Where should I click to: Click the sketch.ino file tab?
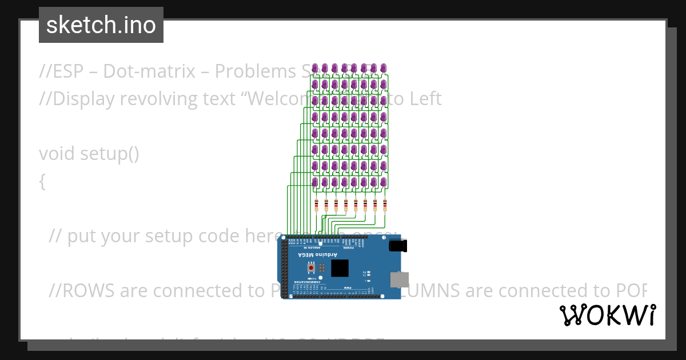[101, 25]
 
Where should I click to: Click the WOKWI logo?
[607, 315]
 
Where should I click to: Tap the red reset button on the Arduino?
[312, 267]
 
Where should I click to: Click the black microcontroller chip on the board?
[340, 268]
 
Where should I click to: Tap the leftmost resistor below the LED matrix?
[316, 206]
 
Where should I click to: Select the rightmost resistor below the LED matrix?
[385, 206]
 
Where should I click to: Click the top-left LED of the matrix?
[315, 68]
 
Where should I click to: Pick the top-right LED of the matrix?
[383, 68]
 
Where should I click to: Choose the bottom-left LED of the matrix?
[315, 182]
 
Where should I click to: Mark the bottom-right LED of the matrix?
[383, 182]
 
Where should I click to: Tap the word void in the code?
[57, 154]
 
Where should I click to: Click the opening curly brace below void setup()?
[42, 182]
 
